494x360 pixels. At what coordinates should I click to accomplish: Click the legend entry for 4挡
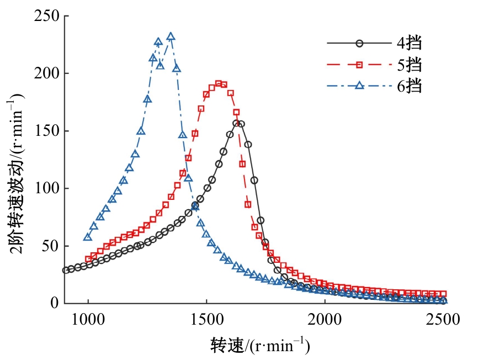375,43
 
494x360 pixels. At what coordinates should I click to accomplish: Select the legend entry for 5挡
375,65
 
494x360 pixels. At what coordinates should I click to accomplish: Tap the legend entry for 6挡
375,86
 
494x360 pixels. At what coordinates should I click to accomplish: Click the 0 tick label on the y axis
55,303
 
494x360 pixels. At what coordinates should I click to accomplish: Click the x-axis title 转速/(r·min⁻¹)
260,346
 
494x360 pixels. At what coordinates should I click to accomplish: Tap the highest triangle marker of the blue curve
171,37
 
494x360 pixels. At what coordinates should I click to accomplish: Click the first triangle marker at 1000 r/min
88,237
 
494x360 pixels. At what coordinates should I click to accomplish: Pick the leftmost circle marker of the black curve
66,270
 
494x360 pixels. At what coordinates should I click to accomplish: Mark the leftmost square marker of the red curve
88,259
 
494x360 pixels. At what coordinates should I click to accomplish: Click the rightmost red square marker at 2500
443,294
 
